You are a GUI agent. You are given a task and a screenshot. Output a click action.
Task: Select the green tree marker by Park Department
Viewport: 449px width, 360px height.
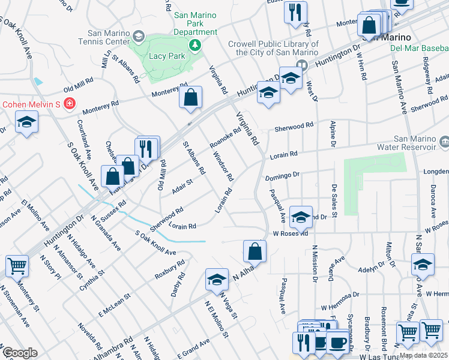pyautogui.click(x=195, y=45)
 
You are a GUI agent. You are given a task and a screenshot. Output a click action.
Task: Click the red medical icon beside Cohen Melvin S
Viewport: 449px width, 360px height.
pyautogui.click(x=70, y=104)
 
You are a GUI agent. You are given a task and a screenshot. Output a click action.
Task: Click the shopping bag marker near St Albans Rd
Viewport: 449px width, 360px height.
pyautogui.click(x=190, y=98)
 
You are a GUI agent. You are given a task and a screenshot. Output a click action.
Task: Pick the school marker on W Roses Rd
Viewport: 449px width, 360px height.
pyautogui.click(x=301, y=217)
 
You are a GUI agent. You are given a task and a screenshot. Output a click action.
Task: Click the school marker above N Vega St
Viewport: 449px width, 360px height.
pyautogui.click(x=217, y=279)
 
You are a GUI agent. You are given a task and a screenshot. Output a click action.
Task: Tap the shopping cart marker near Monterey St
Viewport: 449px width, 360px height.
pyautogui.click(x=17, y=265)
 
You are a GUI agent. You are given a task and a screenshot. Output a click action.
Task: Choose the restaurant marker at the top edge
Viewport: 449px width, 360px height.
pyautogui.click(x=295, y=13)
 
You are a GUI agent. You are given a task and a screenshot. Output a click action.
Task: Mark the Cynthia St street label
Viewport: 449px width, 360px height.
pyautogui.click(x=92, y=280)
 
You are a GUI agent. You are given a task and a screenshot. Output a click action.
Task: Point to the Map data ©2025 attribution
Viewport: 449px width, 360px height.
pyautogui.click(x=423, y=355)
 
